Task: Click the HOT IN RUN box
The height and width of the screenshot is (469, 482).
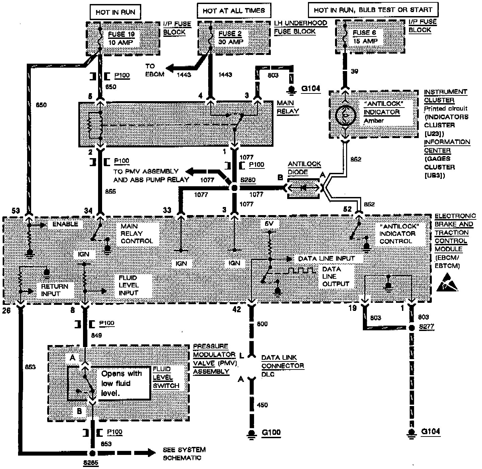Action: [115, 12]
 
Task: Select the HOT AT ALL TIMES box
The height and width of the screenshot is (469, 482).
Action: [234, 11]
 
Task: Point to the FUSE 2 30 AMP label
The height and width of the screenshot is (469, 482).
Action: [231, 38]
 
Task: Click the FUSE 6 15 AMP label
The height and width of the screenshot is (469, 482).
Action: [365, 37]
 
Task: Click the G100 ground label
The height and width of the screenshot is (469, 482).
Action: [271, 432]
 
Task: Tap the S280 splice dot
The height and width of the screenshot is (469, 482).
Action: [235, 188]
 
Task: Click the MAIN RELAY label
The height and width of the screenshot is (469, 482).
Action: [288, 107]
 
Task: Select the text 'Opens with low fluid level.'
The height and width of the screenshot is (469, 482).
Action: [122, 383]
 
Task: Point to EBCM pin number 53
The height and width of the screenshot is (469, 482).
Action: [16, 210]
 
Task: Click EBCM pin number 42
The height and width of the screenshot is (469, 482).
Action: [237, 309]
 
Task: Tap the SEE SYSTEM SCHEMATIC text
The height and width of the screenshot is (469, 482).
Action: [184, 454]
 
